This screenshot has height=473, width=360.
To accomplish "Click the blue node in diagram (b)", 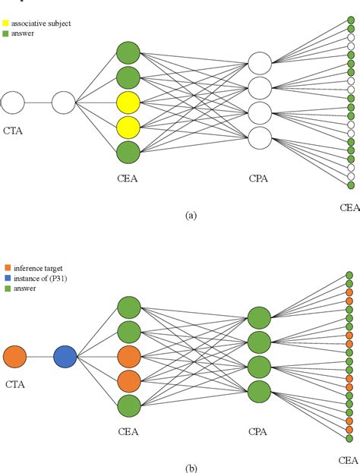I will click(64, 356).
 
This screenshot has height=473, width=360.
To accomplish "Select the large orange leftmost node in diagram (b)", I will click(14, 356).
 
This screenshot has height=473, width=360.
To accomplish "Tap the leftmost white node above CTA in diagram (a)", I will click(13, 101).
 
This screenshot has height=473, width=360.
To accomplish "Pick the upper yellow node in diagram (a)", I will click(128, 102).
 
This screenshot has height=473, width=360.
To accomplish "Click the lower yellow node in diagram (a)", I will click(128, 127).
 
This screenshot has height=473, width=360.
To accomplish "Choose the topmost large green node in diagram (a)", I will click(128, 52).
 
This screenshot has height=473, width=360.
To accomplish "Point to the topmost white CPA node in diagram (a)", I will click(260, 64).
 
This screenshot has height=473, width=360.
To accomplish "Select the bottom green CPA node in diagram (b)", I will click(260, 392).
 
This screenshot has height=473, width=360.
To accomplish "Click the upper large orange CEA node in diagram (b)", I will click(128, 356).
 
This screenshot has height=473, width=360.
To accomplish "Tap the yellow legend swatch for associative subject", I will click(5, 24).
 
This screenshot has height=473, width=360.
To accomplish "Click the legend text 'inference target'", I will click(33, 266).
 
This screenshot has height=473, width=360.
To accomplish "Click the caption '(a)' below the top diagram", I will click(191, 216).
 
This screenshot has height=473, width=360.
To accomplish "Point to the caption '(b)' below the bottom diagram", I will click(191, 468).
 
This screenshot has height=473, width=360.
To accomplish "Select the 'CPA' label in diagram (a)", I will click(260, 178).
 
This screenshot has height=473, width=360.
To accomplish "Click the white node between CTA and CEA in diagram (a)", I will click(63, 101).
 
